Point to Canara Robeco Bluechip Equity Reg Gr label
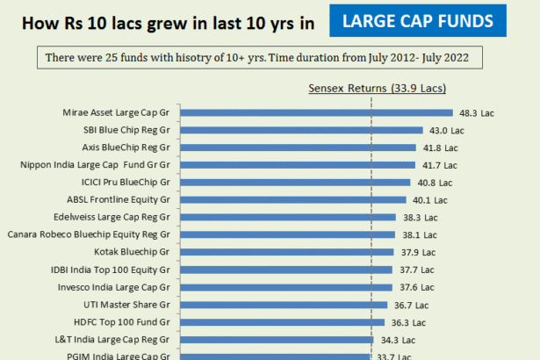click(94, 234)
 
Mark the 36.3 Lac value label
click(411, 321)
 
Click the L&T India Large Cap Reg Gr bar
click(277, 339)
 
